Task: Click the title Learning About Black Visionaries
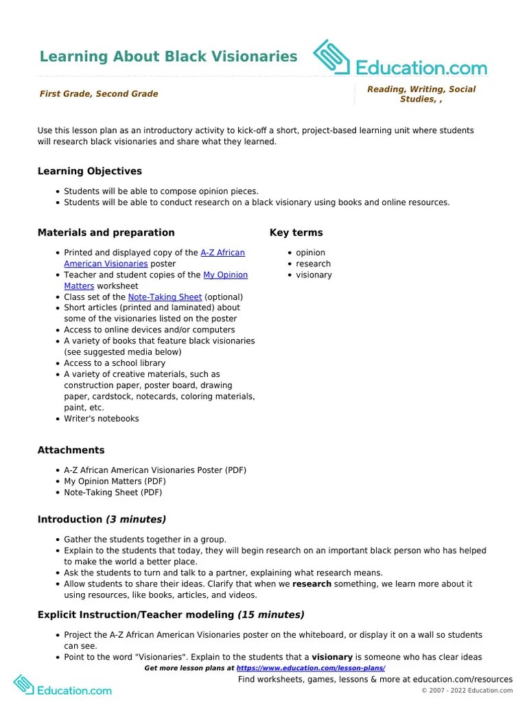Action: [168, 56]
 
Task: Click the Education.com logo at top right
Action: [400, 58]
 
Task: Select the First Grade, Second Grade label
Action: [99, 94]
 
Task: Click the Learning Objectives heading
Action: [90, 171]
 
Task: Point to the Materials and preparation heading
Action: [106, 233]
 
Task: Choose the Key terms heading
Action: [296, 233]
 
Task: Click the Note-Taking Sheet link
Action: [165, 297]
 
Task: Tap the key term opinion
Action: [311, 253]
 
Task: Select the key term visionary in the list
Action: [314, 275]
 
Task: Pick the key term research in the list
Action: [313, 264]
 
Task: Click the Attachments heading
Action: [71, 450]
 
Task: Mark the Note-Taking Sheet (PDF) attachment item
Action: [113, 492]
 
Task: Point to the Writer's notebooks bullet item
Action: [102, 418]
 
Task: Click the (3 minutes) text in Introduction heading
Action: [135, 520]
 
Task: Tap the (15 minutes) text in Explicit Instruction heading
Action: [271, 615]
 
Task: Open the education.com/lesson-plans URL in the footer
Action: [311, 668]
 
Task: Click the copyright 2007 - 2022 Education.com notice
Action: [467, 691]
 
